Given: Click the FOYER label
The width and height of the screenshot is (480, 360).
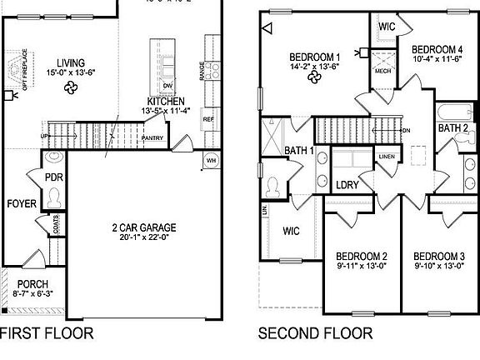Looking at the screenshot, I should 21,203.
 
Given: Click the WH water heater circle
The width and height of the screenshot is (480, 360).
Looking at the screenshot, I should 211,160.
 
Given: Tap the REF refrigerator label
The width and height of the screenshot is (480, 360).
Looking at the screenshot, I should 208,119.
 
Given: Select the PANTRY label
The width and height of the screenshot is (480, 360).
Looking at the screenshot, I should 152,137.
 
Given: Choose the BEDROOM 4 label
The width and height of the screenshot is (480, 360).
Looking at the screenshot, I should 437,48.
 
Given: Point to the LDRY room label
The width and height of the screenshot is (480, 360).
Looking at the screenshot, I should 347,185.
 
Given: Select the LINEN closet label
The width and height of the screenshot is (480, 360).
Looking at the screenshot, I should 387,157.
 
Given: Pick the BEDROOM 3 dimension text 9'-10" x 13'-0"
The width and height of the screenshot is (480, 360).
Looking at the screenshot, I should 439,266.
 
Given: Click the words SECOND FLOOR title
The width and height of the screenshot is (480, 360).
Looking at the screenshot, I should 315,335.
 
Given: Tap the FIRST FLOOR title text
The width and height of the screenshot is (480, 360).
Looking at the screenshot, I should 46,335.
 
